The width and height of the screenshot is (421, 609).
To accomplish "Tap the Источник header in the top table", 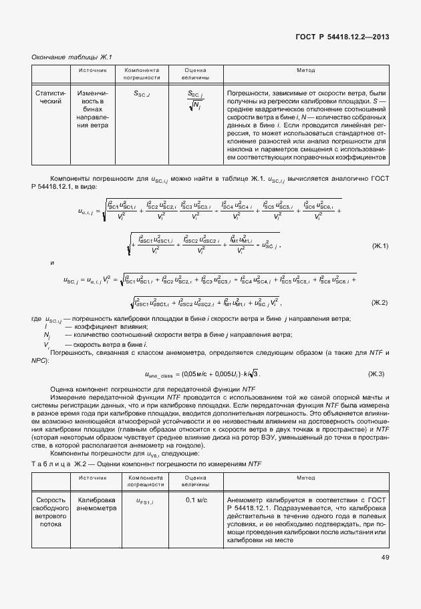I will pyautogui.click(x=92, y=69).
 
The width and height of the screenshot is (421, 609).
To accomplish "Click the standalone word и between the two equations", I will pyautogui.click(x=52, y=263).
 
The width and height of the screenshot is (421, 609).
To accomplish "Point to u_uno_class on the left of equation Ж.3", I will pyautogui.click(x=164, y=375).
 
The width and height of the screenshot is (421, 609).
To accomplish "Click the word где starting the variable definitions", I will pyautogui.click(x=37, y=319).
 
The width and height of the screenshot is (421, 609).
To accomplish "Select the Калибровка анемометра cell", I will pyautogui.click(x=97, y=504).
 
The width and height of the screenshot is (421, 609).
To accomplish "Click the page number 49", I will pyautogui.click(x=385, y=557).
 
